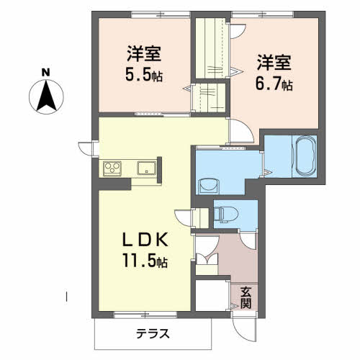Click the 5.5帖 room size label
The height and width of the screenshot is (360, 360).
[144, 75]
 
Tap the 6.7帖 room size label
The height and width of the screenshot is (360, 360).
[274, 84]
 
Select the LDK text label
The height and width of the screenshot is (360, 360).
[145, 240]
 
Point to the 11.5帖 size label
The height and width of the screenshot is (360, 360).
[145, 261]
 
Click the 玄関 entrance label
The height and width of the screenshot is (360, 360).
[246, 297]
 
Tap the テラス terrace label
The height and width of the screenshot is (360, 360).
[153, 333]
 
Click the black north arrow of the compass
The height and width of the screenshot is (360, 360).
[46, 96]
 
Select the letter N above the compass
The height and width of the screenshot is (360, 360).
[45, 73]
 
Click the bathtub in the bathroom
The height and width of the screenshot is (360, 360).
[305, 156]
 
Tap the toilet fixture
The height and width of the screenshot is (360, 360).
[225, 214]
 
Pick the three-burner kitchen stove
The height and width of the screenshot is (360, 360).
[112, 168]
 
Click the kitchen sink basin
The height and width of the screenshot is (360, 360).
[146, 168]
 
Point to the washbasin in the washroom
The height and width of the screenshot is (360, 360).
[209, 186]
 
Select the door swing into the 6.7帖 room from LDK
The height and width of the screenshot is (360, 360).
[240, 131]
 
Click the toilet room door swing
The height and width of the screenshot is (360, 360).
[248, 240]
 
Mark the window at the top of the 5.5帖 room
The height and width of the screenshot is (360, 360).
[161, 14]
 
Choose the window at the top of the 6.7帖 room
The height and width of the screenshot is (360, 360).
[262, 14]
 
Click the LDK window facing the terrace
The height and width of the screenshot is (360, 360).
[145, 315]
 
